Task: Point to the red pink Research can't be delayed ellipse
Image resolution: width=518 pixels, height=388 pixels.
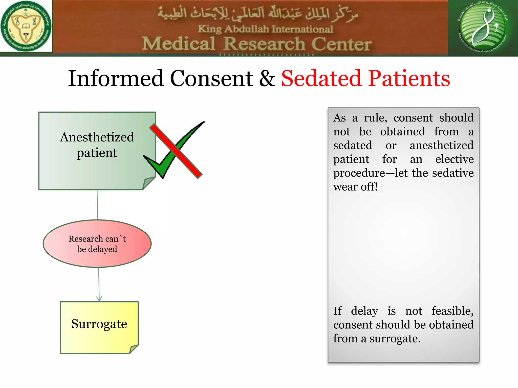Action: point(97,244)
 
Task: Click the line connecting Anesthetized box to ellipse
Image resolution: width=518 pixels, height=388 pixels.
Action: point(97,205)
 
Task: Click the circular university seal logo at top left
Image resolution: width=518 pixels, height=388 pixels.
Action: point(26,26)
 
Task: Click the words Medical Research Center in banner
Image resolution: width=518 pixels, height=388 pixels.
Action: point(256,44)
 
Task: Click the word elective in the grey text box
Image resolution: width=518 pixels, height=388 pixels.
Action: point(454,159)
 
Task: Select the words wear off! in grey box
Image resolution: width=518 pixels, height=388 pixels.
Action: point(355,187)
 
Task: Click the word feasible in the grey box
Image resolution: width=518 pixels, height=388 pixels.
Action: point(452,311)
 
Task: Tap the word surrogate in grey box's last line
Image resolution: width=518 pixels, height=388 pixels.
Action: point(395,339)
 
